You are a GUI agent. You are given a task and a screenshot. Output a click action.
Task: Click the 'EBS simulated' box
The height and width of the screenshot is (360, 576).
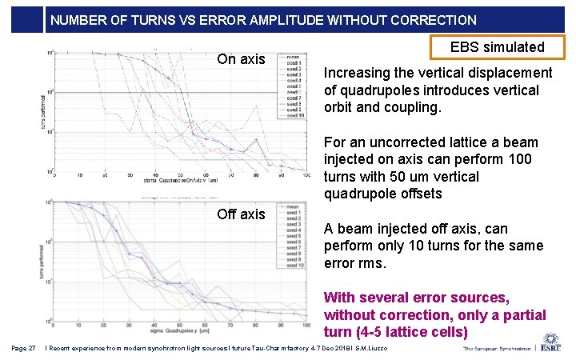point(498,47)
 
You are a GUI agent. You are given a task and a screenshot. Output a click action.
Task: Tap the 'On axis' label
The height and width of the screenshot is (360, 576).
point(241,59)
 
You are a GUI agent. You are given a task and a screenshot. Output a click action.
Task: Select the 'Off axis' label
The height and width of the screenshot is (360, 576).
point(241,214)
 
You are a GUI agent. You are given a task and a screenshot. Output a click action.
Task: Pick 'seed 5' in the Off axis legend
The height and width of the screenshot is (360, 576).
point(294,237)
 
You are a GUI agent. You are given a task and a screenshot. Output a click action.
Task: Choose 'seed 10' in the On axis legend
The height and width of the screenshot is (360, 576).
point(294,115)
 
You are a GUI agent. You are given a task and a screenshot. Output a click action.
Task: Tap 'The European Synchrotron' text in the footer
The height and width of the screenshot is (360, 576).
point(495,349)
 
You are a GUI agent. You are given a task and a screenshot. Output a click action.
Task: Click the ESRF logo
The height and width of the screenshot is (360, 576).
point(551,343)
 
